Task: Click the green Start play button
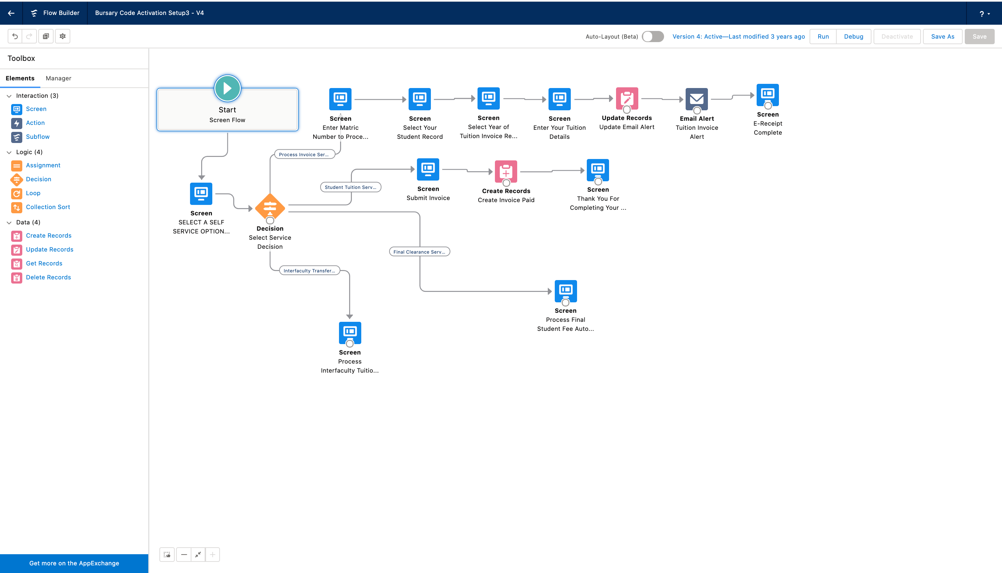tap(228, 88)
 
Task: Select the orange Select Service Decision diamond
tap(270, 207)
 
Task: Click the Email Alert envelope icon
tap(697, 99)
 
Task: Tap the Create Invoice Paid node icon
tap(506, 172)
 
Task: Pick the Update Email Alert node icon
tap(627, 98)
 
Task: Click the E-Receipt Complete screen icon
tap(768, 95)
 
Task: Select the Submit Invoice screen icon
tap(428, 169)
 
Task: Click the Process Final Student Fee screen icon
tap(566, 291)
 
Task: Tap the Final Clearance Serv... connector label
tap(419, 252)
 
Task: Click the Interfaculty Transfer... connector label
tap(309, 271)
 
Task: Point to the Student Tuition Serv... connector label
tap(351, 187)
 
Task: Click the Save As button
tap(942, 37)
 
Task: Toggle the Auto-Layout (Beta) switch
tap(653, 37)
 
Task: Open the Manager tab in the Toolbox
tap(58, 78)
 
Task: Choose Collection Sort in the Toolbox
tap(48, 207)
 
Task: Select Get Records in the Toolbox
tap(44, 263)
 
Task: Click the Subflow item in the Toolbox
tap(38, 137)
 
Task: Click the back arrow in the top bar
tap(11, 13)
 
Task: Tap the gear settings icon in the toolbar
tap(63, 36)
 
